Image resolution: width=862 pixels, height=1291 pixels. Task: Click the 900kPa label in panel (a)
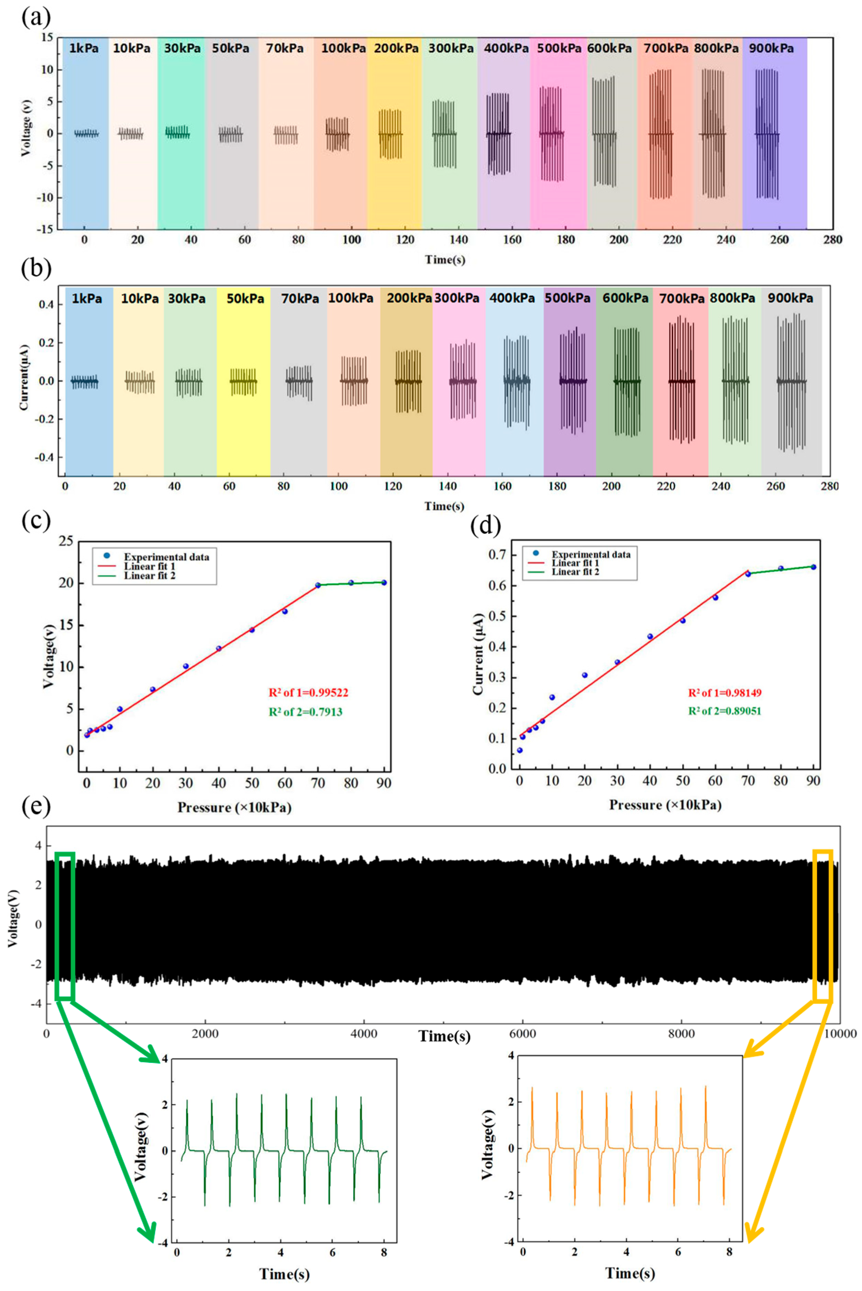tap(771, 49)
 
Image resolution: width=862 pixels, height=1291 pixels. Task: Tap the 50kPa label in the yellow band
tap(245, 299)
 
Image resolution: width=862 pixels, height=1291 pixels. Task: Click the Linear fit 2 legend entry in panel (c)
tap(150, 576)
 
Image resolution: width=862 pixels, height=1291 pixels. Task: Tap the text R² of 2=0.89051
tap(724, 711)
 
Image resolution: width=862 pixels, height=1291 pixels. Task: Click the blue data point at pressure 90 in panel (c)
tap(384, 582)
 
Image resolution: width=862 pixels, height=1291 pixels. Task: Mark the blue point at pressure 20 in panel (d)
tap(584, 675)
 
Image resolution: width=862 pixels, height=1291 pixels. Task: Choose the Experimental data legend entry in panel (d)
tap(591, 554)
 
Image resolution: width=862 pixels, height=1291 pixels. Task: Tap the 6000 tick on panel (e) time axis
tap(522, 1034)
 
